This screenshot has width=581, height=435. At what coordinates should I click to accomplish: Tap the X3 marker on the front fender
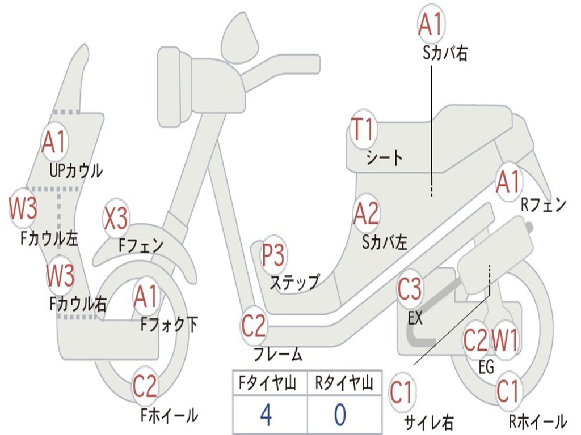116,219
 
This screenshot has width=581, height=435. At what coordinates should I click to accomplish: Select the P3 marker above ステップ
273,255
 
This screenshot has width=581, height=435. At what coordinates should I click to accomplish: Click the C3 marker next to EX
410,290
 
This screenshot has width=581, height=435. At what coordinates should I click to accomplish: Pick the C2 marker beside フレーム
254,326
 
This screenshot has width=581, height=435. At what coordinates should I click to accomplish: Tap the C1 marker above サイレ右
402,393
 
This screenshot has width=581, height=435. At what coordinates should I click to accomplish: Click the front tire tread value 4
266,415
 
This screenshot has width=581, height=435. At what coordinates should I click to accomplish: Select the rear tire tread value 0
339,415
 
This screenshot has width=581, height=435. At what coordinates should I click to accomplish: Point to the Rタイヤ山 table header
344,383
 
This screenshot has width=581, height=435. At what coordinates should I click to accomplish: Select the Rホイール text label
537,421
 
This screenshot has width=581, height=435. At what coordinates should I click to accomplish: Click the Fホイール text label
169,415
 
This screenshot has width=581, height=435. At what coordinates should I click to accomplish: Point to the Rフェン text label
543,205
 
